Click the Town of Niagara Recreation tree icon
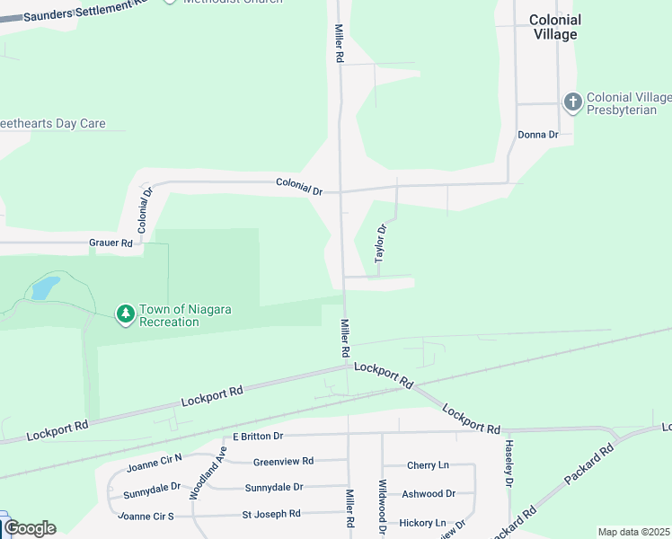(x=126, y=314)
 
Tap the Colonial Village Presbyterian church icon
(x=572, y=102)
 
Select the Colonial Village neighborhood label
(x=554, y=27)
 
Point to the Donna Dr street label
(x=538, y=135)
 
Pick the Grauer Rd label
(x=111, y=243)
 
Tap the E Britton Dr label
(x=258, y=436)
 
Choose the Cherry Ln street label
(x=428, y=465)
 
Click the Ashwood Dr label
(x=429, y=493)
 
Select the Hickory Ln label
(x=422, y=522)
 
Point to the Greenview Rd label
(x=283, y=461)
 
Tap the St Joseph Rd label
(x=271, y=514)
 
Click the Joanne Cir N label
(x=154, y=462)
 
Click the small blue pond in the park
(x=45, y=287)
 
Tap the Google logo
(x=30, y=528)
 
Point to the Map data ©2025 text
(x=634, y=532)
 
